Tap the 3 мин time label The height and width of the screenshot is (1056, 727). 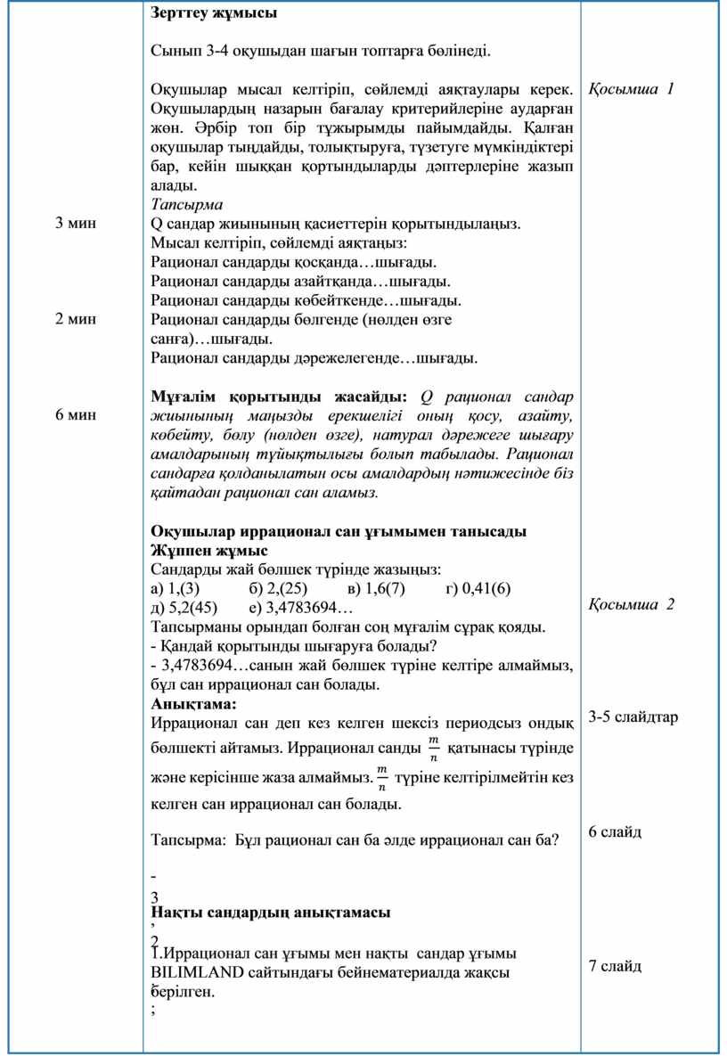point(76,223)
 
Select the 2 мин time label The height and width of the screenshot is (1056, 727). point(76,318)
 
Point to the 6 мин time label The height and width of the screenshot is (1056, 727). point(76,414)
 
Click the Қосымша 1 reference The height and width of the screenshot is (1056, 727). point(631,89)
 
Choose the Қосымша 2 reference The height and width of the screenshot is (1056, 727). point(631,604)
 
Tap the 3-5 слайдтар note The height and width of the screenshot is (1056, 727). point(633,717)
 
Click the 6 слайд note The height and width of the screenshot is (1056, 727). point(615,831)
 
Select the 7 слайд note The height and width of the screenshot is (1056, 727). point(615,966)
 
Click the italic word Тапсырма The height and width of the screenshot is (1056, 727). point(187,204)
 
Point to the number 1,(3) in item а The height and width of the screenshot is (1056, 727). point(184,588)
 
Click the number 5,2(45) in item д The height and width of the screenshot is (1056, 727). point(192,608)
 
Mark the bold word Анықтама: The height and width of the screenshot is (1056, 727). point(188,703)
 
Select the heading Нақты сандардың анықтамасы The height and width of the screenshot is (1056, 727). point(271,913)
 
